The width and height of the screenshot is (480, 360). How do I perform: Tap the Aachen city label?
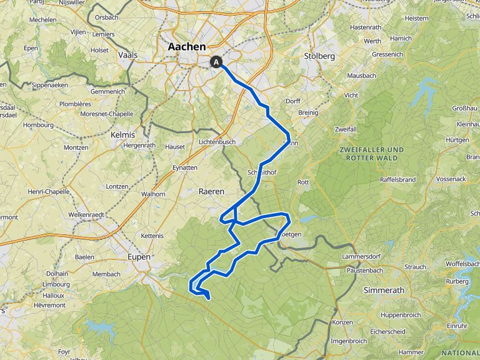pyautogui.click(x=187, y=47)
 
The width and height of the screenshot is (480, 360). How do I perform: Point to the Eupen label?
pyautogui.click(x=139, y=257)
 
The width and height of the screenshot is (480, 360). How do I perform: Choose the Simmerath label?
pyautogui.click(x=384, y=290)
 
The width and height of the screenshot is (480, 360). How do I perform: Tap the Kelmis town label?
pyautogui.click(x=122, y=135)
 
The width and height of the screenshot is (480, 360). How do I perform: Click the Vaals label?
pyautogui.click(x=127, y=55)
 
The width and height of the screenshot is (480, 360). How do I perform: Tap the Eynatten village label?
pyautogui.click(x=184, y=167)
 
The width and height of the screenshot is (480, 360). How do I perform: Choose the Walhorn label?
pyautogui.click(x=153, y=194)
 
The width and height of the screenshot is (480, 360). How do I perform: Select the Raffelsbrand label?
pyautogui.click(x=398, y=179)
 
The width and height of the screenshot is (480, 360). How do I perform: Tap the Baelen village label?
pyautogui.click(x=84, y=257)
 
